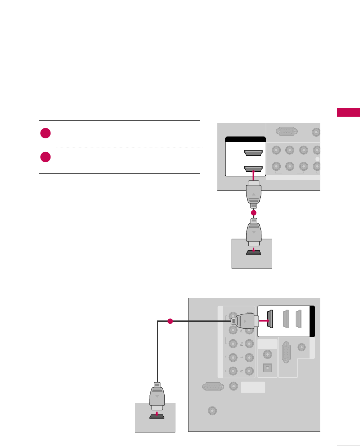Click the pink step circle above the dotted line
point(45,133)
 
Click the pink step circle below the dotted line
point(45,157)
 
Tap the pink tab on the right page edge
point(348,112)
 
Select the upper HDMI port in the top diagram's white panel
point(253,153)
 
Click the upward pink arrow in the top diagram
point(253,175)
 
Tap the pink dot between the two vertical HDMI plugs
point(253,213)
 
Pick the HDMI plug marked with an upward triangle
point(253,194)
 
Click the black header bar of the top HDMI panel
point(245,139)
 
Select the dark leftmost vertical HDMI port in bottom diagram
point(270,319)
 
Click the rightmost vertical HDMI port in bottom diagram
point(299,319)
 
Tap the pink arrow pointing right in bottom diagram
point(264,321)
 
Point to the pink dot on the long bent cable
point(170,321)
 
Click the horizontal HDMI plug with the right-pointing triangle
point(244,321)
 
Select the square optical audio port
point(267,367)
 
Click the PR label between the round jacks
point(242,344)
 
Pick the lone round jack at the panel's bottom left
point(212,411)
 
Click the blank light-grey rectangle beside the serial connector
point(253,387)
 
